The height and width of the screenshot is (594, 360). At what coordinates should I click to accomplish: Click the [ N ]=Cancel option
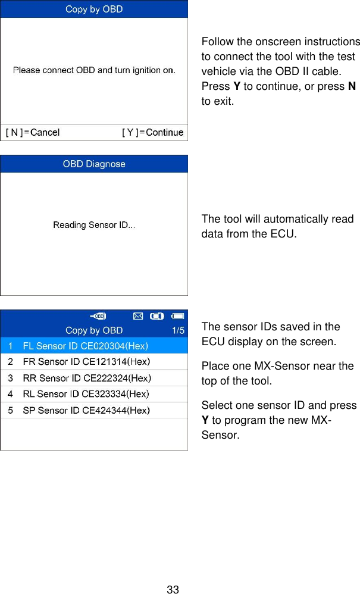coord(33,132)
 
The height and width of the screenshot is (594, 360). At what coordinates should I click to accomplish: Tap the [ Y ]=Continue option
coord(152,132)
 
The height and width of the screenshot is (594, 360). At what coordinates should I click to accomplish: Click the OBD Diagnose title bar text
coord(94,164)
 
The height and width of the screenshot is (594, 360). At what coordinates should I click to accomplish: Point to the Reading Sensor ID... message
coord(94,225)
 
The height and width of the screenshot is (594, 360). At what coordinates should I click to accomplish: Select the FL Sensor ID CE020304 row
coord(86,345)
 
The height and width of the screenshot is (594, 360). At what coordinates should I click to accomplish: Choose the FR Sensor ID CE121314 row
coord(86,361)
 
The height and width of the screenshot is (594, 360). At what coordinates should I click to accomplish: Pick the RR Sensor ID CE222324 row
coord(86,377)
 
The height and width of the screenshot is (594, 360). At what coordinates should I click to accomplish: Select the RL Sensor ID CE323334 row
coord(86,393)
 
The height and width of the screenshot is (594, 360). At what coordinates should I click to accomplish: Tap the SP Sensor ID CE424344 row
coord(86,410)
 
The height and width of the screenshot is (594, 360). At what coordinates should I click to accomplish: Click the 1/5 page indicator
coord(178,330)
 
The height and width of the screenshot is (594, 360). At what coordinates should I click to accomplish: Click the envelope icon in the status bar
coord(137,315)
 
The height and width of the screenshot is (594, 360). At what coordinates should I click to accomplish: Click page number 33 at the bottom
coord(173,590)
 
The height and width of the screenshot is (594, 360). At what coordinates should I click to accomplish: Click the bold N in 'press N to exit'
coord(352,86)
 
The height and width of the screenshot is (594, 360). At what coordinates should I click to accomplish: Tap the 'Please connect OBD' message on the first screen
coord(94,70)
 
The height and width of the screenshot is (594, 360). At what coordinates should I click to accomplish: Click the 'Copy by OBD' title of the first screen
coord(94,10)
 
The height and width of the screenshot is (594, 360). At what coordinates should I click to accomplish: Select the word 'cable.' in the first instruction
coord(326,71)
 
